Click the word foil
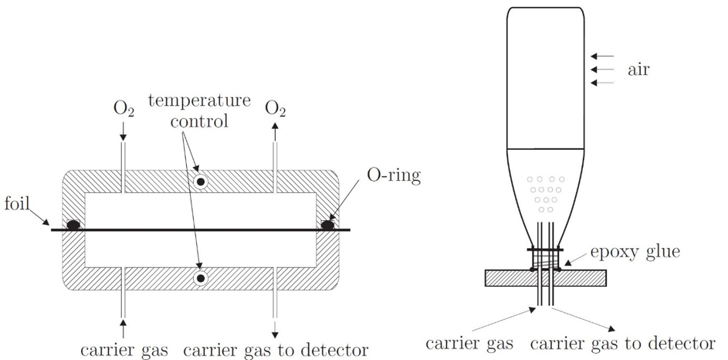tap(18, 205)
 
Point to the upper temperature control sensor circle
tap(200, 182)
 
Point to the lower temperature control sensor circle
tap(200, 277)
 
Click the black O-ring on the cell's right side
tap(328, 225)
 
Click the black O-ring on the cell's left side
tap(73, 225)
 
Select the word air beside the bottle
tap(638, 70)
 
